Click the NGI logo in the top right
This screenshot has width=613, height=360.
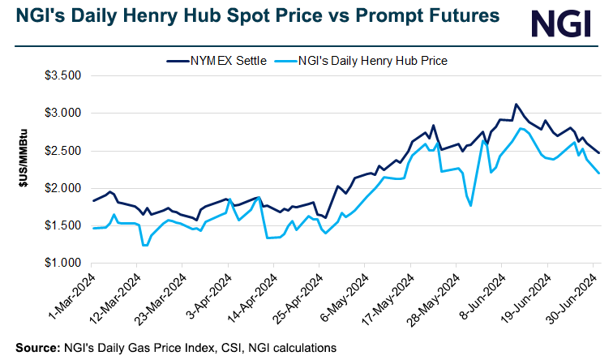559,24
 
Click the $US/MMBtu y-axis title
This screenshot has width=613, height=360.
25,169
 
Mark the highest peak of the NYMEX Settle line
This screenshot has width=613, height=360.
516,104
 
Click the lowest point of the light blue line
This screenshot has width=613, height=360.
144,246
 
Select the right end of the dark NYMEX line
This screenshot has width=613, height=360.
599,152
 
